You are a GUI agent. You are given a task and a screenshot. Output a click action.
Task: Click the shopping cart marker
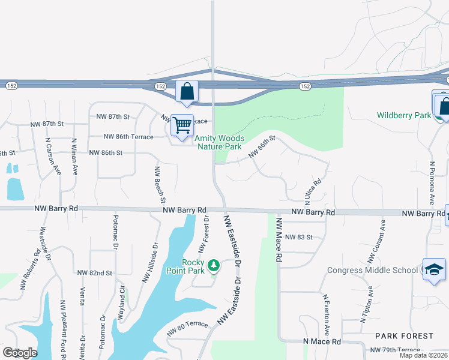coord(182,126)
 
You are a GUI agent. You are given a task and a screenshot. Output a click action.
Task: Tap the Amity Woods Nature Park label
coord(218,142)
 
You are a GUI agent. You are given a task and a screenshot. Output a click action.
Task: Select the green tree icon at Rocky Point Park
coord(213,266)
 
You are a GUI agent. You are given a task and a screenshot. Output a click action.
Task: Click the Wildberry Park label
coord(404,115)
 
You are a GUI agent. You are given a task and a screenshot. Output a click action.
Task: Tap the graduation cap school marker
coord(434,269)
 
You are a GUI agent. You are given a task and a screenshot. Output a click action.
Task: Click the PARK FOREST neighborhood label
coord(404,335)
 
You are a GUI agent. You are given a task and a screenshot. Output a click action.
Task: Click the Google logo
coord(19,352)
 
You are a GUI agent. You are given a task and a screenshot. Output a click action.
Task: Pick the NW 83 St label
coord(299,237)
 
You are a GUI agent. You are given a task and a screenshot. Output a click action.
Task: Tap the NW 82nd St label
coord(95,272)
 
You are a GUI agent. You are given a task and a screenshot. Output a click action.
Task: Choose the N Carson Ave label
coord(52,157)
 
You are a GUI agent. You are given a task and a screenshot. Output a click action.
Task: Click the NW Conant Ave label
coord(376,242)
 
